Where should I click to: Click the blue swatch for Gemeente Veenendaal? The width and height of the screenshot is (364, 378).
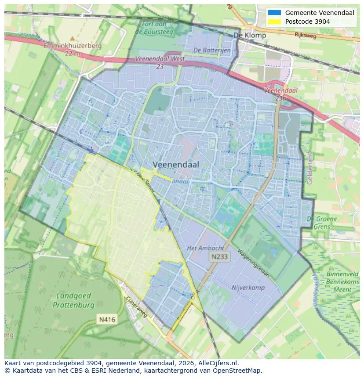[274, 13]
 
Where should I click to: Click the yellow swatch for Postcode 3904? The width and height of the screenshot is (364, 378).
[274, 22]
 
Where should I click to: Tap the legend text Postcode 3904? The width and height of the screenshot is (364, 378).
[307, 22]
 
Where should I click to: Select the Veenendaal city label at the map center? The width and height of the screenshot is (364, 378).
[176, 164]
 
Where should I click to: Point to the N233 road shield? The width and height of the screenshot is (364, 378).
[219, 257]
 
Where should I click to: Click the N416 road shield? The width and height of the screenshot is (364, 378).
[107, 320]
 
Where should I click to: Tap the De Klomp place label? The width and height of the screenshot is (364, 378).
[250, 36]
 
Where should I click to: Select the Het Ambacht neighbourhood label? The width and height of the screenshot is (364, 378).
[205, 248]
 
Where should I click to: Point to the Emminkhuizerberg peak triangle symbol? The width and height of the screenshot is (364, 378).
[73, 39]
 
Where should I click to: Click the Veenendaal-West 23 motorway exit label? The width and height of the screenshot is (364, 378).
[160, 62]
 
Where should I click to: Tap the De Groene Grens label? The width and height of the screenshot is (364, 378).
[322, 223]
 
